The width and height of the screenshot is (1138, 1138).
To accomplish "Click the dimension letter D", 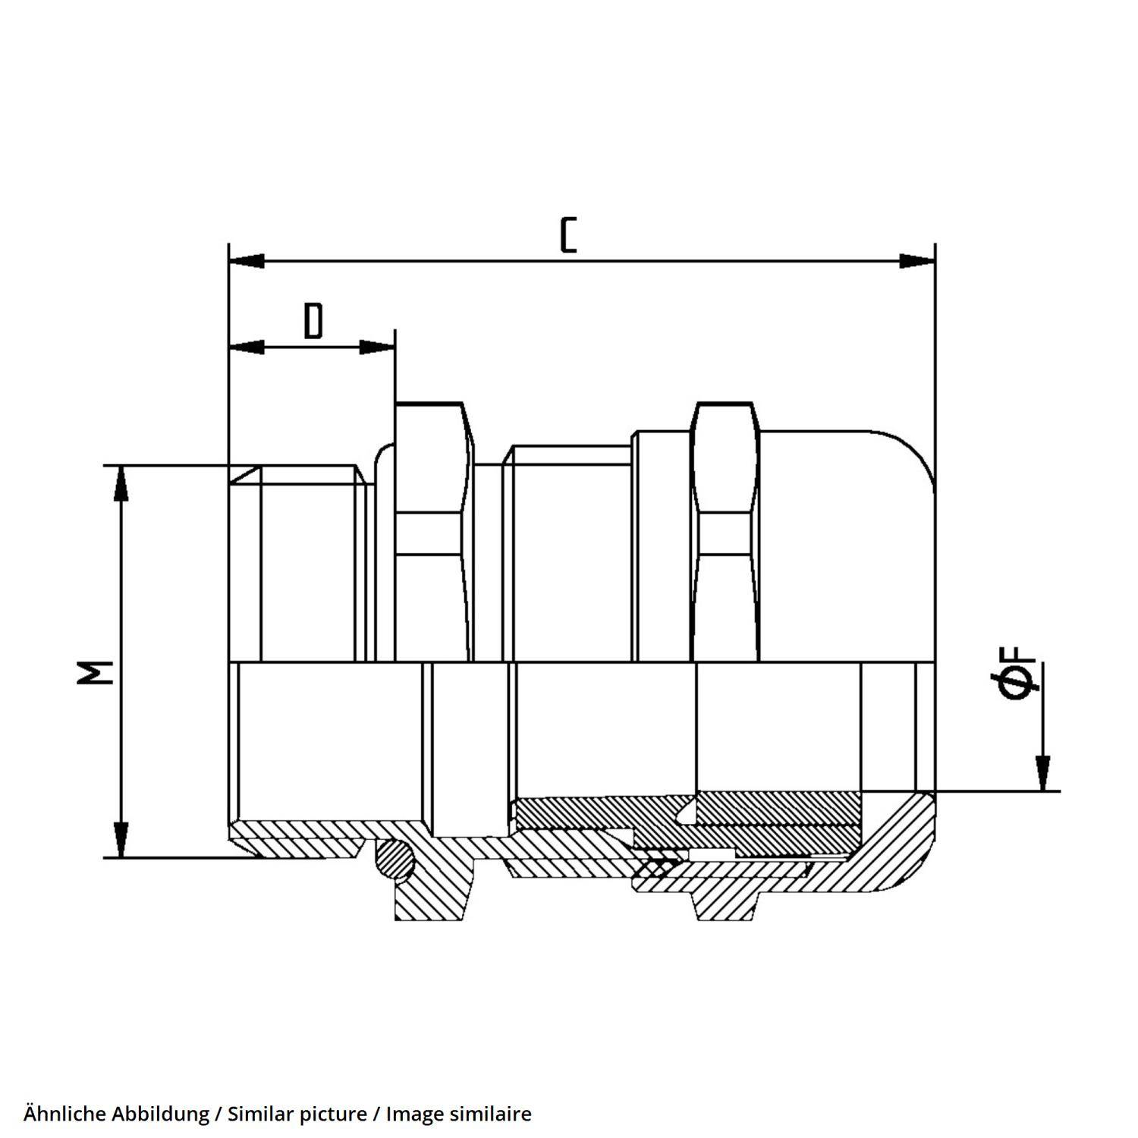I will [x=313, y=321].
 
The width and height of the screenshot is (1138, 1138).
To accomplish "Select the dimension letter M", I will [x=96, y=671].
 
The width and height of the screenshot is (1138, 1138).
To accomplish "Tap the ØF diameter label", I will [x=1017, y=674].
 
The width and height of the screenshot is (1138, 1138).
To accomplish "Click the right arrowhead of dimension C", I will [x=917, y=261].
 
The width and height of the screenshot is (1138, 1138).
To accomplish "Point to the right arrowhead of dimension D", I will [x=377, y=347].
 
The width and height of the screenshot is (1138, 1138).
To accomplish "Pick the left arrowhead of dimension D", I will [x=247, y=347].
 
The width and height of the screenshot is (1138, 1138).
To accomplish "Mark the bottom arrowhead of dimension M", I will [x=120, y=840].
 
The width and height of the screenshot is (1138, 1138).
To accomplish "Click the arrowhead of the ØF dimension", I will [x=1044, y=774].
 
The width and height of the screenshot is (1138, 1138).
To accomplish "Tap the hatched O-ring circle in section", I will [x=395, y=860].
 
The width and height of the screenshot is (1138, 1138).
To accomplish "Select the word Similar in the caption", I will [x=259, y=1114].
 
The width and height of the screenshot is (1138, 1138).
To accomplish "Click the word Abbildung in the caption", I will [x=161, y=1114].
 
